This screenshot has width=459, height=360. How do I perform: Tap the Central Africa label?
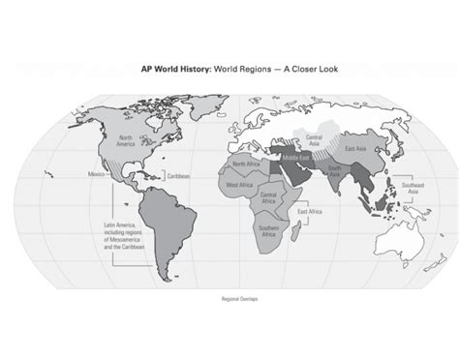pos(271,199)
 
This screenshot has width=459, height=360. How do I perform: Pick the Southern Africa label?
pos(268,228)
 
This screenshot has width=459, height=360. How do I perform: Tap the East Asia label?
pos(353,148)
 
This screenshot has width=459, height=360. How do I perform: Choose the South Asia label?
pos(334,172)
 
